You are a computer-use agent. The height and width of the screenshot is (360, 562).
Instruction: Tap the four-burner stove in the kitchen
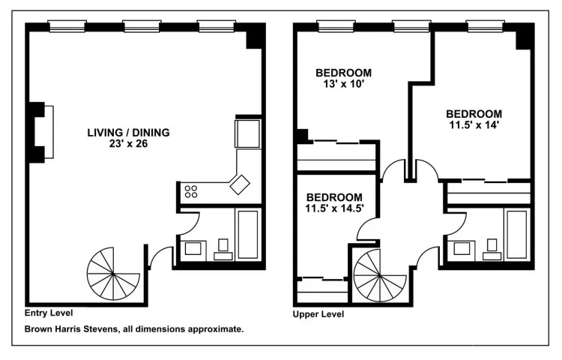click(x=191, y=191)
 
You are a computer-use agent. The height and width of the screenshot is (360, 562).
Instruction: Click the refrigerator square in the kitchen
click(x=247, y=134)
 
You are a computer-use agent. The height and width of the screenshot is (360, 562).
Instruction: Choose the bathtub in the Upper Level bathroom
click(x=516, y=234)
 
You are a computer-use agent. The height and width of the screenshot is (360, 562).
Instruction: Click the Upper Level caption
click(x=318, y=314)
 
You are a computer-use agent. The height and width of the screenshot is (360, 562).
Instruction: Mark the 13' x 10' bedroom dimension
click(x=343, y=85)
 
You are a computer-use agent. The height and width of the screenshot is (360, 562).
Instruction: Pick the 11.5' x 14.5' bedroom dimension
click(x=334, y=208)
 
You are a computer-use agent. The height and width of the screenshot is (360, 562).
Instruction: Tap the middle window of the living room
click(x=142, y=27)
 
